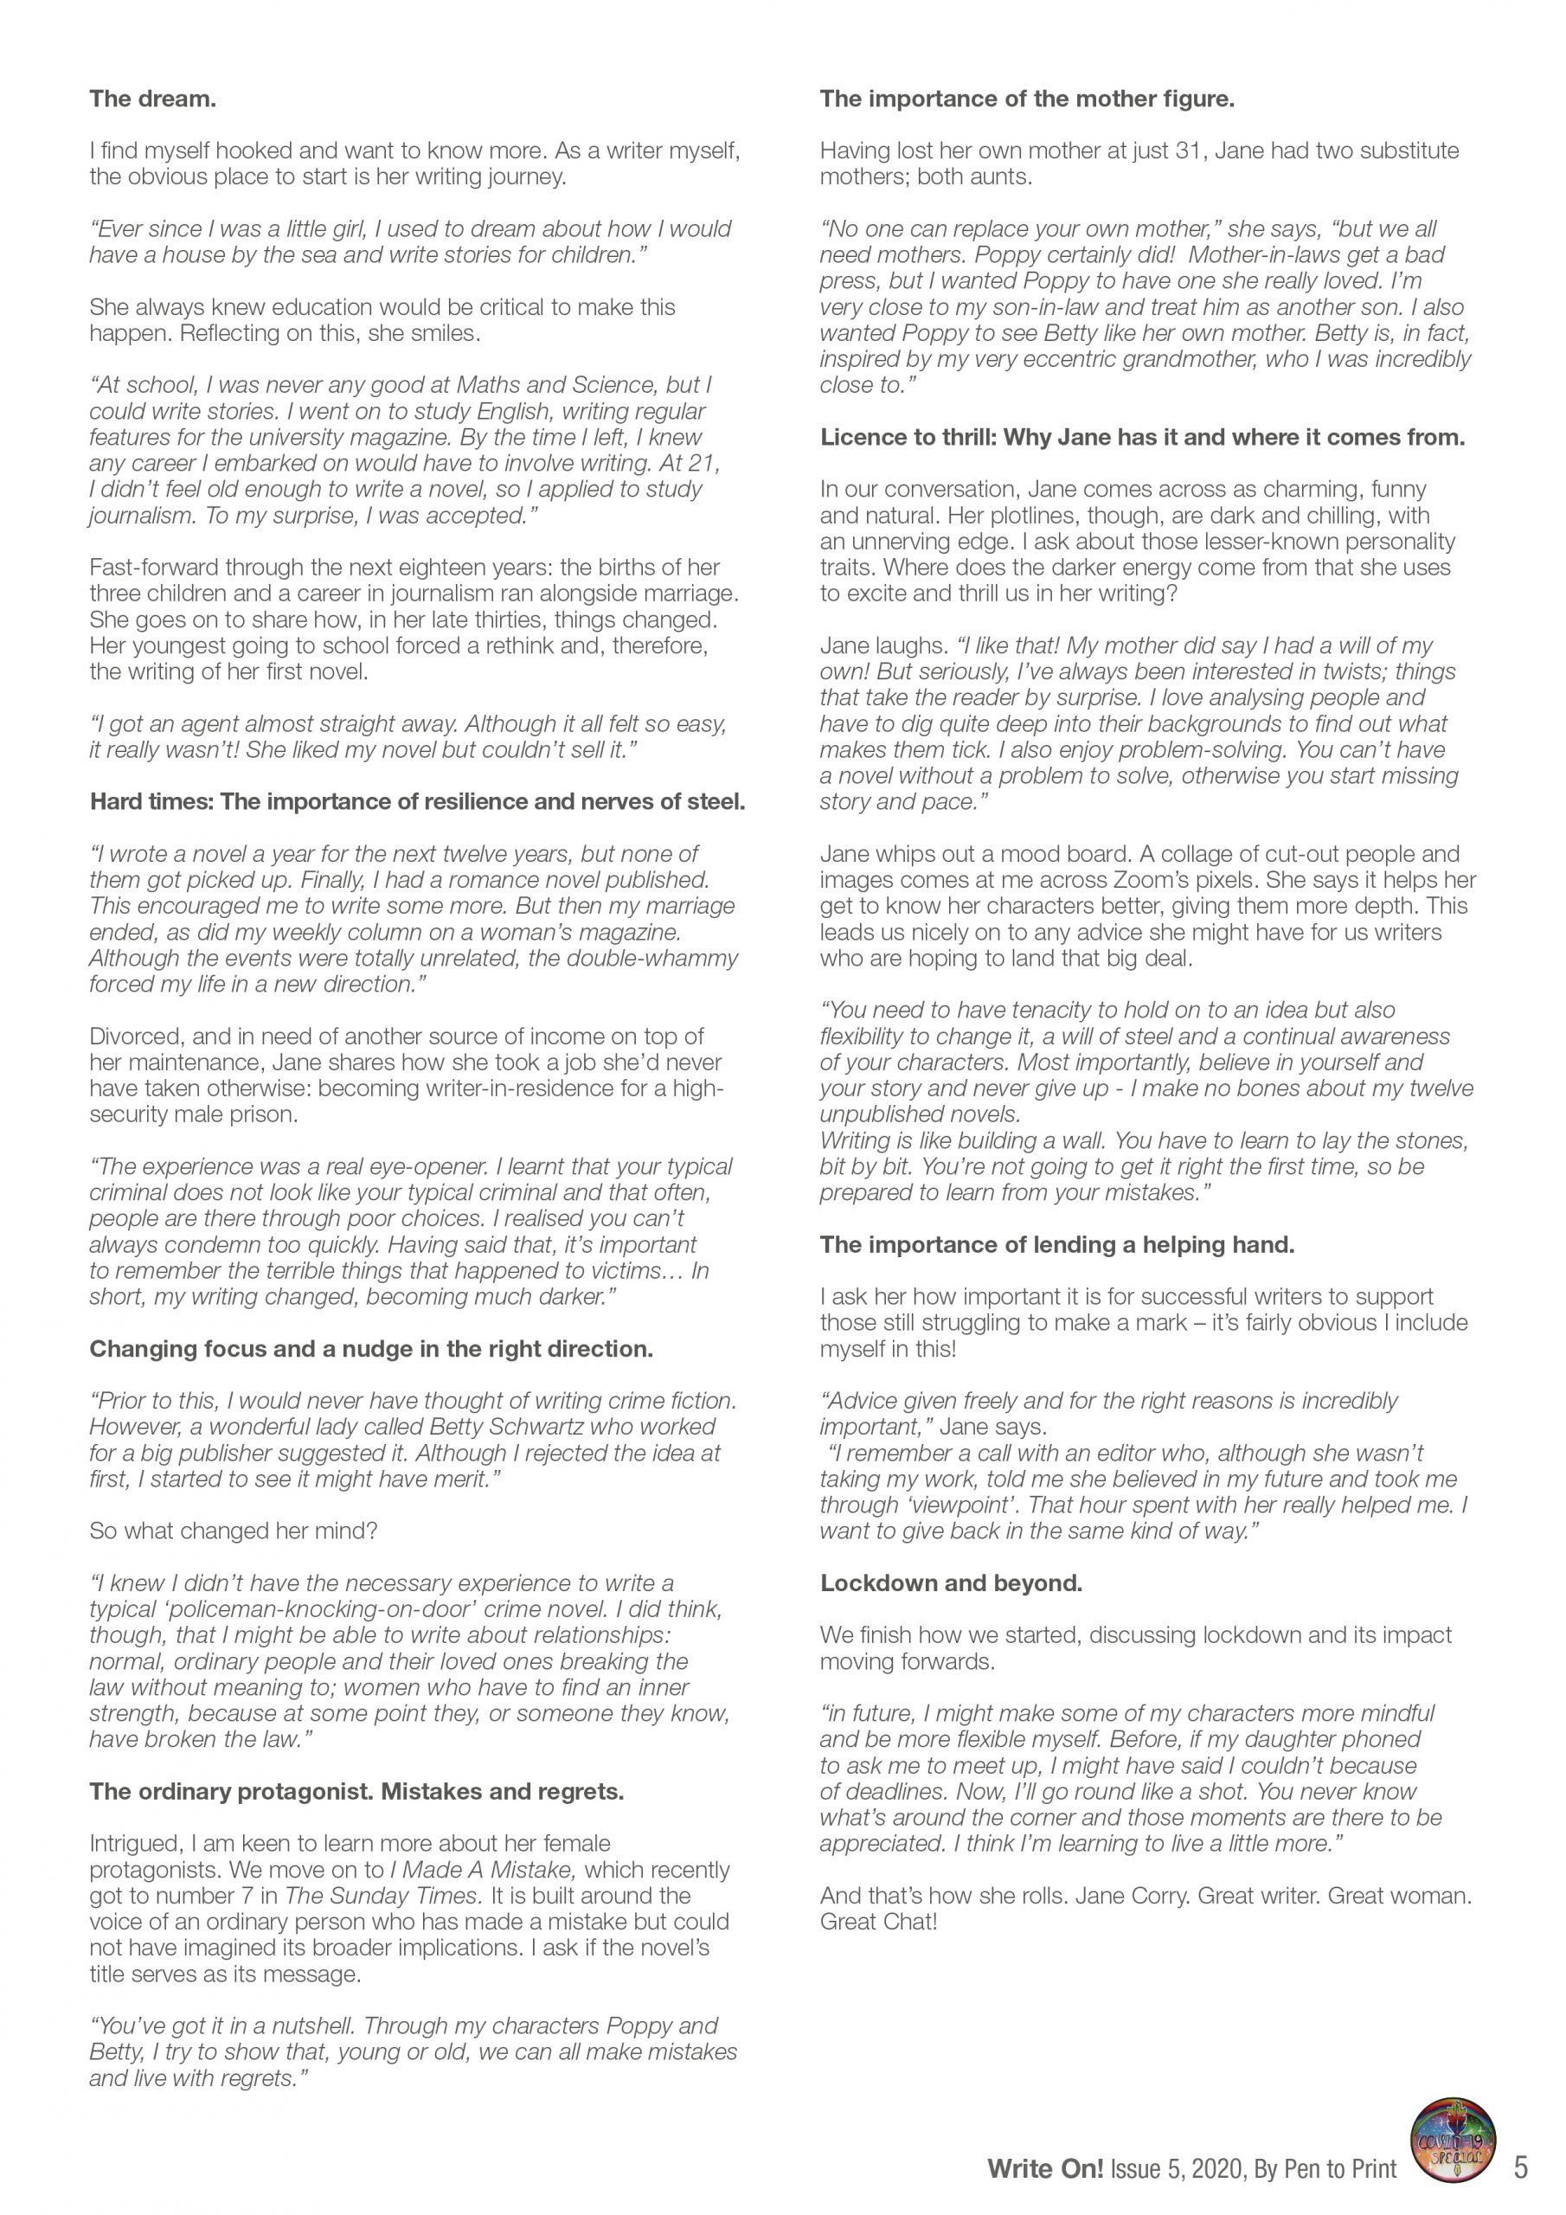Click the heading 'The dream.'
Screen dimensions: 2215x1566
tap(152, 99)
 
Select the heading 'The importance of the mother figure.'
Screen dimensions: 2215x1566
tap(1027, 99)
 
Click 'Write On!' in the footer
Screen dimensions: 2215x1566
tap(1045, 2171)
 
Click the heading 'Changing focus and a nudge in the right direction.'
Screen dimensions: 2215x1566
tap(370, 1349)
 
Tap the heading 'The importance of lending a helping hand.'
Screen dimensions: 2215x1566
tap(1056, 1244)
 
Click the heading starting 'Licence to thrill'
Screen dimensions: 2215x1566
tap(1142, 437)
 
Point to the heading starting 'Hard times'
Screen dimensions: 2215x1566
tap(417, 802)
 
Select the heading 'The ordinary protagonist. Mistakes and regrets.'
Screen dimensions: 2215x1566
tap(357, 1792)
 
